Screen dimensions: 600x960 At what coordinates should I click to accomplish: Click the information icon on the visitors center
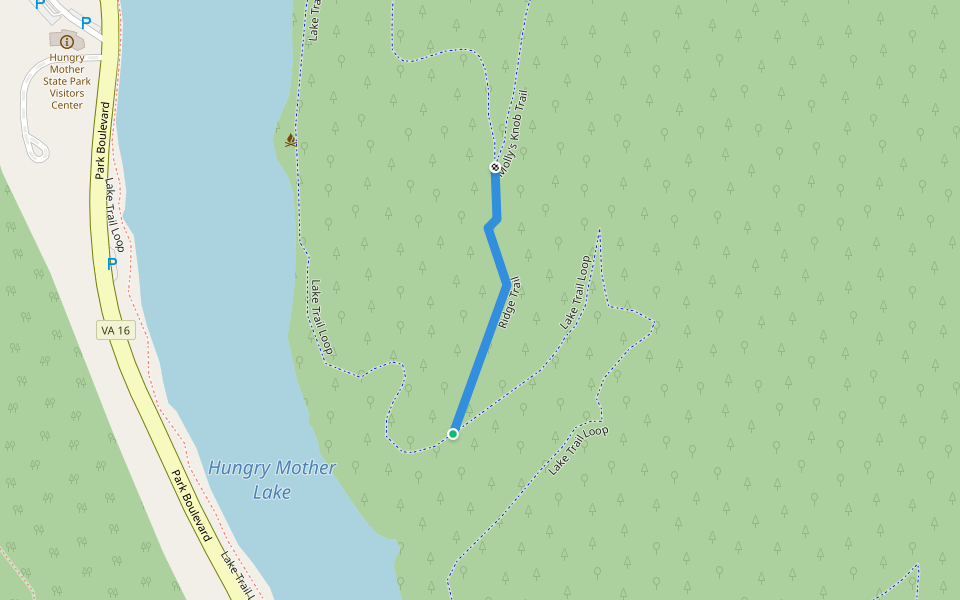tap(66, 41)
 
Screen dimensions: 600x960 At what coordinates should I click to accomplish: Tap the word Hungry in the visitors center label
tap(67, 58)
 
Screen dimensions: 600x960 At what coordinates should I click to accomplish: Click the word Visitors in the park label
tap(67, 93)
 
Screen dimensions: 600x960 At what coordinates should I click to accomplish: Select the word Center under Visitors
tap(67, 105)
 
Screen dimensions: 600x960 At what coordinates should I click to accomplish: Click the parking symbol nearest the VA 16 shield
tap(112, 264)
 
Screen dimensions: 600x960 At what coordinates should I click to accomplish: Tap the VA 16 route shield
tap(116, 331)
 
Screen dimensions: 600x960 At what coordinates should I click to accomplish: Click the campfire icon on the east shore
tap(291, 140)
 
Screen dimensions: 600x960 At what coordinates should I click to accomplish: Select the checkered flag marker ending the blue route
tap(495, 167)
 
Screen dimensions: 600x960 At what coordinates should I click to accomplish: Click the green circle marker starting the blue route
tap(453, 433)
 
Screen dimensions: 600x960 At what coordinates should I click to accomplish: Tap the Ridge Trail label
tap(510, 304)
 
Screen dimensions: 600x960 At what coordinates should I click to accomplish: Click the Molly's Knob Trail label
tap(513, 135)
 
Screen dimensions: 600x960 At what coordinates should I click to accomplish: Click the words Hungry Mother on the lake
tap(272, 468)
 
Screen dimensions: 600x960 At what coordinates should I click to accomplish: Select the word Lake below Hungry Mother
tap(272, 492)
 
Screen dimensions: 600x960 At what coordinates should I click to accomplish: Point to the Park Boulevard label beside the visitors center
tap(102, 140)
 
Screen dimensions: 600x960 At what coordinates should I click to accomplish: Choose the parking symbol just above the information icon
tap(86, 22)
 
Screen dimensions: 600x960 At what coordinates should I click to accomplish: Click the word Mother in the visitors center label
tap(67, 70)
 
